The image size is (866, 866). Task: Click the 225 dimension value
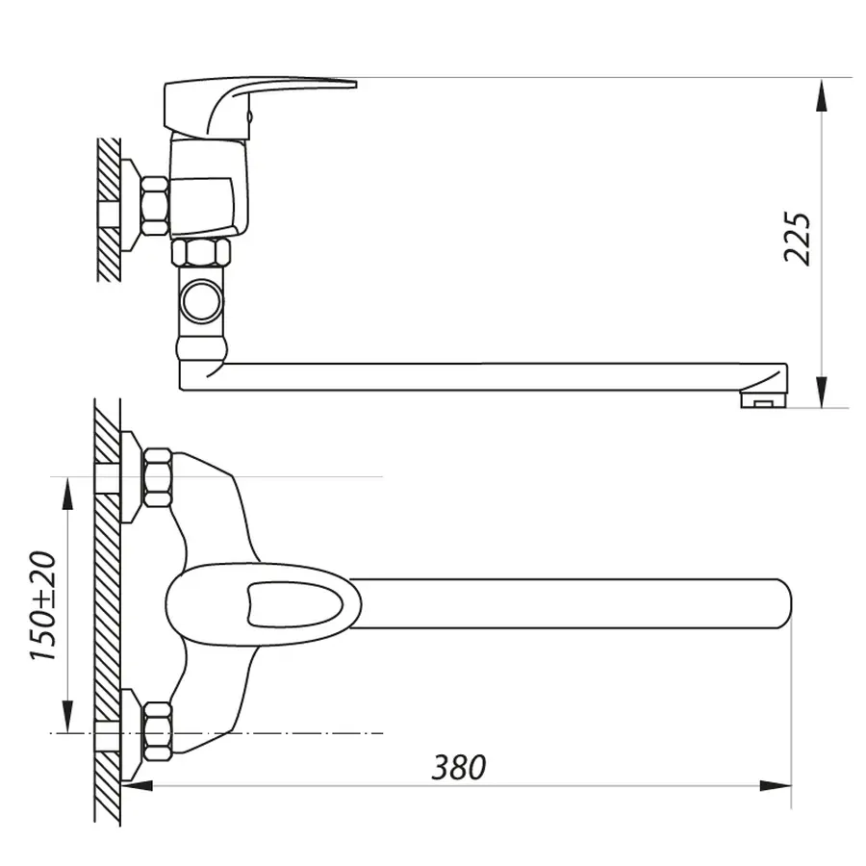[798, 237]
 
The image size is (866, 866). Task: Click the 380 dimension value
[458, 767]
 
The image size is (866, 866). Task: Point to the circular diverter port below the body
[202, 298]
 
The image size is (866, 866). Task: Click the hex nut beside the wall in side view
[154, 206]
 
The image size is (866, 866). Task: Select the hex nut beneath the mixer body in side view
[201, 253]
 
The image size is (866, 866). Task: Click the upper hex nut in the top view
[157, 477]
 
